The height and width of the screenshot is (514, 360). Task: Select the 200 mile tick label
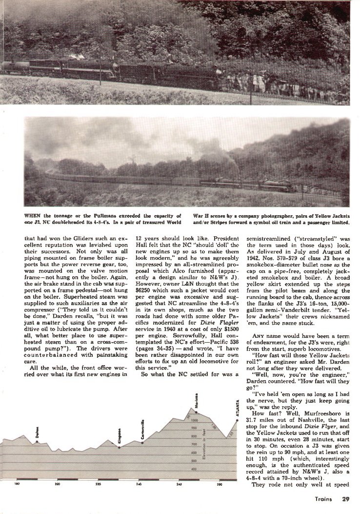58,484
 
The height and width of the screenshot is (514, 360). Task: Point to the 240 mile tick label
139,484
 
